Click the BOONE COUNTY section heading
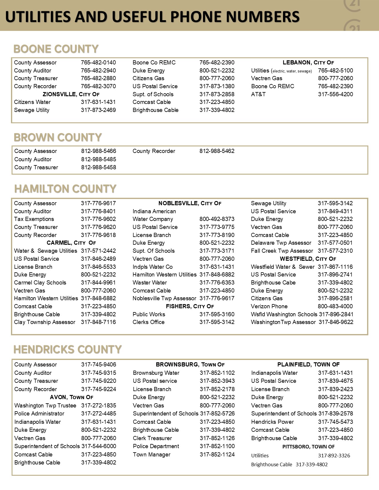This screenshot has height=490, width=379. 56,49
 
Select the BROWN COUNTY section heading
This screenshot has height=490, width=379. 58,137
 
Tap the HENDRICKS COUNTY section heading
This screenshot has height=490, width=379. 67,350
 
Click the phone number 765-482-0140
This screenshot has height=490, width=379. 98,63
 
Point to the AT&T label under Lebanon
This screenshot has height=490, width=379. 258,94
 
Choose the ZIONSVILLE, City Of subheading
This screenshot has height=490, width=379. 71,94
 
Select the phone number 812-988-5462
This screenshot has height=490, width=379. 217,151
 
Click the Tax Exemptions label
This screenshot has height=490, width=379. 34,219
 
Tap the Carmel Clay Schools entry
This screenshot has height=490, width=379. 40,283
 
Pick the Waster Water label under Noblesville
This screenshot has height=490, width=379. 150,283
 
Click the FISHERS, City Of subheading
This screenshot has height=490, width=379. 190,306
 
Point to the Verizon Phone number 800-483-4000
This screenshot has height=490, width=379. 335,306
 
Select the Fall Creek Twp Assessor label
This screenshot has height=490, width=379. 282,251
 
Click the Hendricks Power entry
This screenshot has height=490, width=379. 272,422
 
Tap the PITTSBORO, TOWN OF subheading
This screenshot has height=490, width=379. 308,447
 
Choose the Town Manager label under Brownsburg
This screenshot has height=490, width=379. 152,455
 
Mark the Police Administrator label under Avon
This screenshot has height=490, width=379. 39,414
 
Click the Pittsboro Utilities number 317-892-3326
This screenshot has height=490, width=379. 334,456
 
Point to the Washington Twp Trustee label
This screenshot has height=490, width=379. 45,406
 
